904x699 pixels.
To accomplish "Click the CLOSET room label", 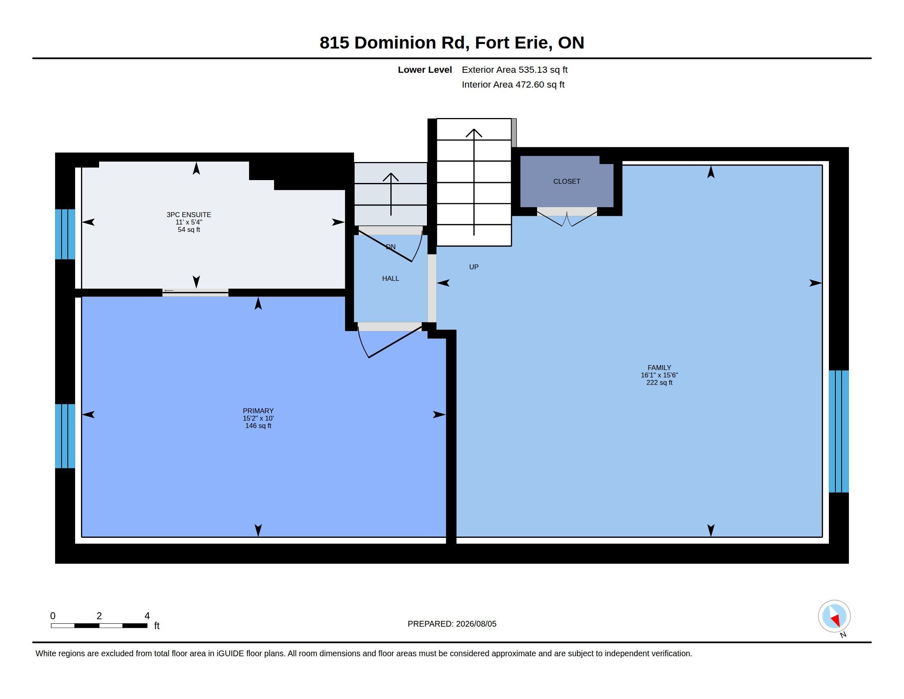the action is tap(567, 181).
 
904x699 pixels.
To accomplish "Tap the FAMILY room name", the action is tap(659, 368).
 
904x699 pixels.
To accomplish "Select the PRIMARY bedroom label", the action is tap(258, 411).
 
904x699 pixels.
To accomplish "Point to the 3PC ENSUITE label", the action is tap(189, 215).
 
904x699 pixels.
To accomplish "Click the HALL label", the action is tap(390, 278).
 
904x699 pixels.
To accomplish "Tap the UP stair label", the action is tap(473, 267).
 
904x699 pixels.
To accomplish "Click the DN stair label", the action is tap(390, 247).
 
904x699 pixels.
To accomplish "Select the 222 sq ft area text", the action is tap(659, 383).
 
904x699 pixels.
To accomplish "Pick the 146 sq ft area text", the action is tap(258, 426).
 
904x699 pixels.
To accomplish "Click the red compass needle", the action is tap(836, 620).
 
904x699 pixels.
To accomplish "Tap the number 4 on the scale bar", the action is tap(147, 616).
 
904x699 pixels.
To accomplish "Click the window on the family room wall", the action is tap(839, 431).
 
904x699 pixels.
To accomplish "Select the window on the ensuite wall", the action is tap(65, 234).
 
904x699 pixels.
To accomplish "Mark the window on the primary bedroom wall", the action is tap(65, 436).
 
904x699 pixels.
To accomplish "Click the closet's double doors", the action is tap(567, 217).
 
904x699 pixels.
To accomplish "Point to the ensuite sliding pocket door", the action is tap(195, 292).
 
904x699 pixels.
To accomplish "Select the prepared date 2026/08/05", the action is tap(476, 624).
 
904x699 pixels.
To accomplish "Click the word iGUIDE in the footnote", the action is tap(230, 653).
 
